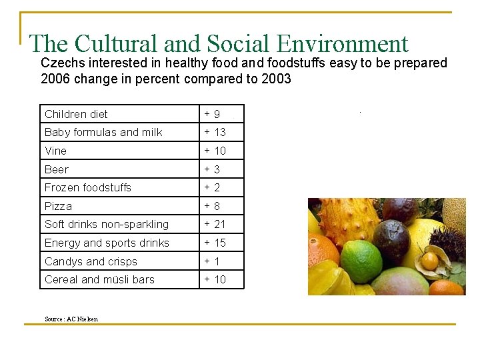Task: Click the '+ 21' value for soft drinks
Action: (x=215, y=224)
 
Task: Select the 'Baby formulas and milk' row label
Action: (x=103, y=132)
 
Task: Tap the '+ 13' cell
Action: (x=215, y=132)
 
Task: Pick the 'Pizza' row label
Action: (x=58, y=206)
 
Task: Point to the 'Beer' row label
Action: (x=57, y=169)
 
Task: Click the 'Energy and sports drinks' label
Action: (x=107, y=243)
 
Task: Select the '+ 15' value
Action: (x=215, y=243)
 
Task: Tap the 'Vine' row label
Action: (x=55, y=151)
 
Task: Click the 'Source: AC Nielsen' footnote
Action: (x=71, y=319)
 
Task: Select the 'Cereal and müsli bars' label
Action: (x=99, y=279)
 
